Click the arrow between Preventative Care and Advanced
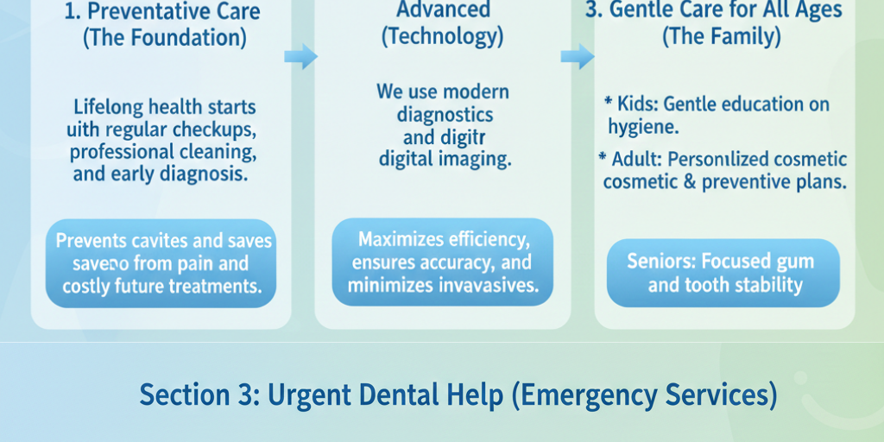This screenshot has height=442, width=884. coord(300,57)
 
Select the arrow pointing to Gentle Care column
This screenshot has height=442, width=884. coord(577,57)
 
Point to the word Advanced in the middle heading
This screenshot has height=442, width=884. coord(442,10)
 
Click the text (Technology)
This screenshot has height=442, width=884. coord(442,37)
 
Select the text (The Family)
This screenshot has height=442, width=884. coord(722,37)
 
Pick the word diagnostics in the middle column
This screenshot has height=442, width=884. coord(445,114)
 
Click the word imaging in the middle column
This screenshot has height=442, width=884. coord(473,159)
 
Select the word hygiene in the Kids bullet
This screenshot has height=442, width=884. coord(641,127)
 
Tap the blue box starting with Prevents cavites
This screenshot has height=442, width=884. coord(161,263)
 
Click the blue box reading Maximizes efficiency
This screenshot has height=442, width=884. coord(443,262)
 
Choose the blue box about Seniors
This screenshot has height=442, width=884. coord(723,273)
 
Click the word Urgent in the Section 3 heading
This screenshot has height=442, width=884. coord(305,395)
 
